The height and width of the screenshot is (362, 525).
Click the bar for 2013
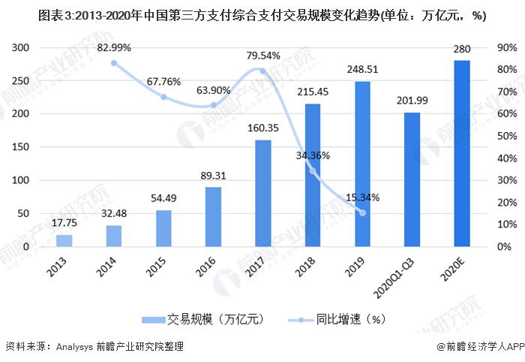coord(64,240)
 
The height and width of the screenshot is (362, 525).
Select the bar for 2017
coord(263,193)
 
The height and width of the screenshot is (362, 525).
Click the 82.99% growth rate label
coord(114,47)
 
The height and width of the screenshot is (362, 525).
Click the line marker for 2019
coord(363,213)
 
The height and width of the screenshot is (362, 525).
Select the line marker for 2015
coord(163,97)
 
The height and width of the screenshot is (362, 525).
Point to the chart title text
coord(262,16)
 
